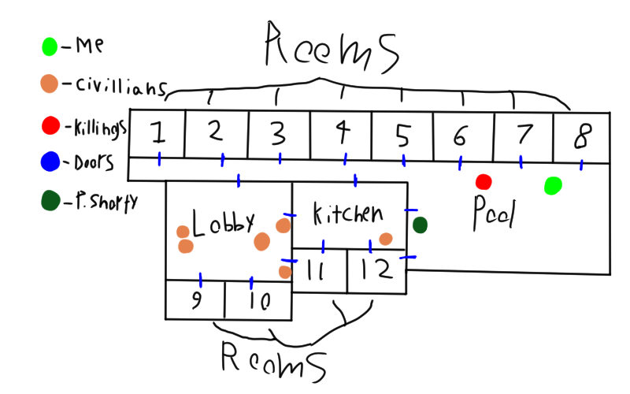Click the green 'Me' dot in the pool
point(553,186)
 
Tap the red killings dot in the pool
point(484,182)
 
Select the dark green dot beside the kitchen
point(420,225)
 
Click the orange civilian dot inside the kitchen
point(386,239)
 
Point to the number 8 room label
point(581,136)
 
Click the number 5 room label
point(402,136)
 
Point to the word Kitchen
point(347,213)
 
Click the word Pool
point(493,213)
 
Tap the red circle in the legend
point(50,125)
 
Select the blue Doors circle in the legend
point(50,163)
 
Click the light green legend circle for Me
point(50,46)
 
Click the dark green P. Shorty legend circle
point(50,202)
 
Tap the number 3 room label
point(277,134)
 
